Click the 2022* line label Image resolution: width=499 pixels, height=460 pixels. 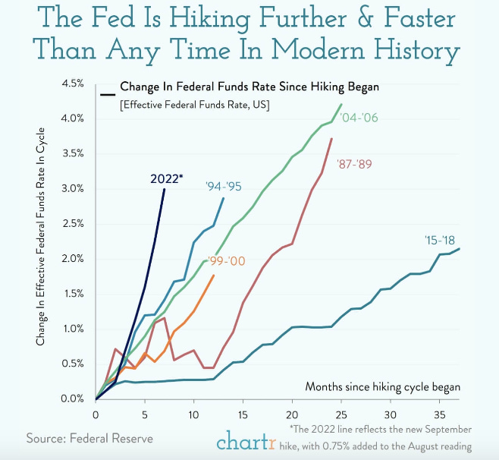tap(166, 178)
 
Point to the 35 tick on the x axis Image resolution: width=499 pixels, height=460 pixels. tap(439, 415)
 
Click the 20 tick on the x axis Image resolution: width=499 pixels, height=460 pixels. tap(292, 415)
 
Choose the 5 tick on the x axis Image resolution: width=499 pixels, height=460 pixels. tap(145, 415)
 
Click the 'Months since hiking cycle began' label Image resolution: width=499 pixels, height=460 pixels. tap(382, 386)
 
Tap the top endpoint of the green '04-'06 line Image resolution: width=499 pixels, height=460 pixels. tap(341, 104)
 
